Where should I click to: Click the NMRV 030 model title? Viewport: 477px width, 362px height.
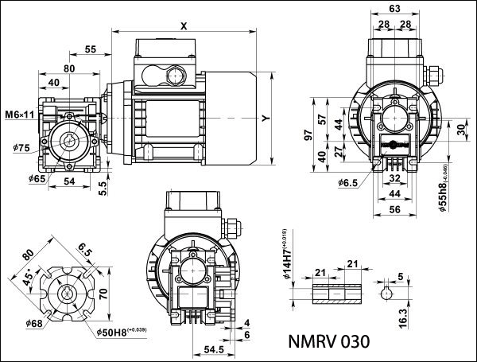(328, 342)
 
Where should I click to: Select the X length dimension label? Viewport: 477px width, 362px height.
(184, 25)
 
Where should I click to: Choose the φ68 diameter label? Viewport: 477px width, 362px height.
(34, 324)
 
